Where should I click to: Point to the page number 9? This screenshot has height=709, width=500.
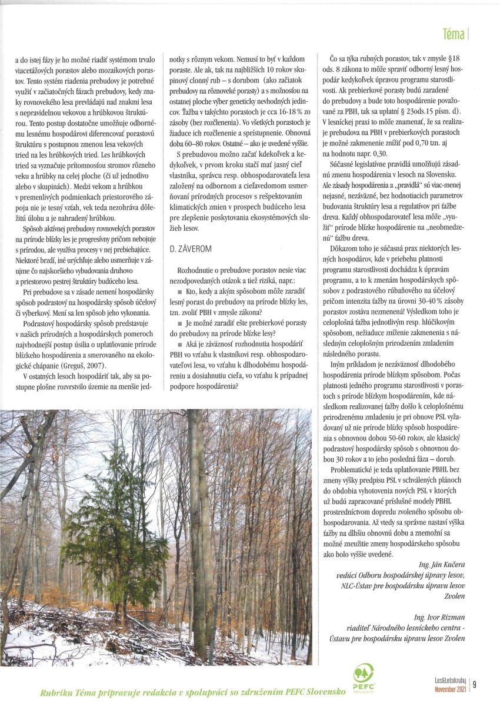[474, 684]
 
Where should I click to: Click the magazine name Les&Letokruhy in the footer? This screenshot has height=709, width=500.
[447, 680]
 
